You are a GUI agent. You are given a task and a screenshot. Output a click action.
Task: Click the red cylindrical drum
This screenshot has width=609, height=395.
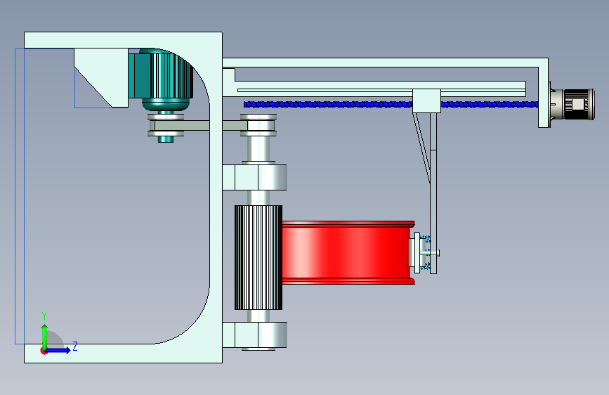click(348, 252)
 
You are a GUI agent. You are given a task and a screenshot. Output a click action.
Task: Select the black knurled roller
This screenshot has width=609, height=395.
click(258, 257)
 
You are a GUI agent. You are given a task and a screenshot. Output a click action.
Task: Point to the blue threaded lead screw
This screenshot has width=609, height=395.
click(391, 104)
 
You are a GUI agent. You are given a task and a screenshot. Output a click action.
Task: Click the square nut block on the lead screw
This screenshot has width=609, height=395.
click(426, 101)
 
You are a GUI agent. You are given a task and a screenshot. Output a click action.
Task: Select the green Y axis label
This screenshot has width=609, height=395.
click(44, 316)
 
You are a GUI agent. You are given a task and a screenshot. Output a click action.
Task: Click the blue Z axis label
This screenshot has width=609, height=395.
click(75, 347)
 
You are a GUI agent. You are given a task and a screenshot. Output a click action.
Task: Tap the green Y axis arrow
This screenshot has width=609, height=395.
click(45, 336)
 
